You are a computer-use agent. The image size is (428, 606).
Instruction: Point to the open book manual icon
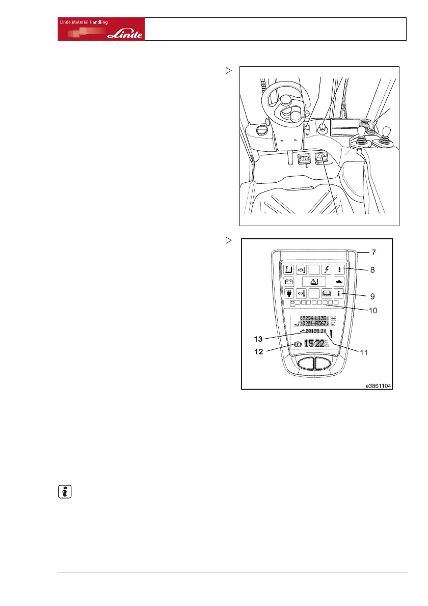[x=325, y=293]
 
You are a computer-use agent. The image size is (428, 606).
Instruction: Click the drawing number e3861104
[x=377, y=386]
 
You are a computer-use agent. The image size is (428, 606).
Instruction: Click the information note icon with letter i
[x=63, y=492]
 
